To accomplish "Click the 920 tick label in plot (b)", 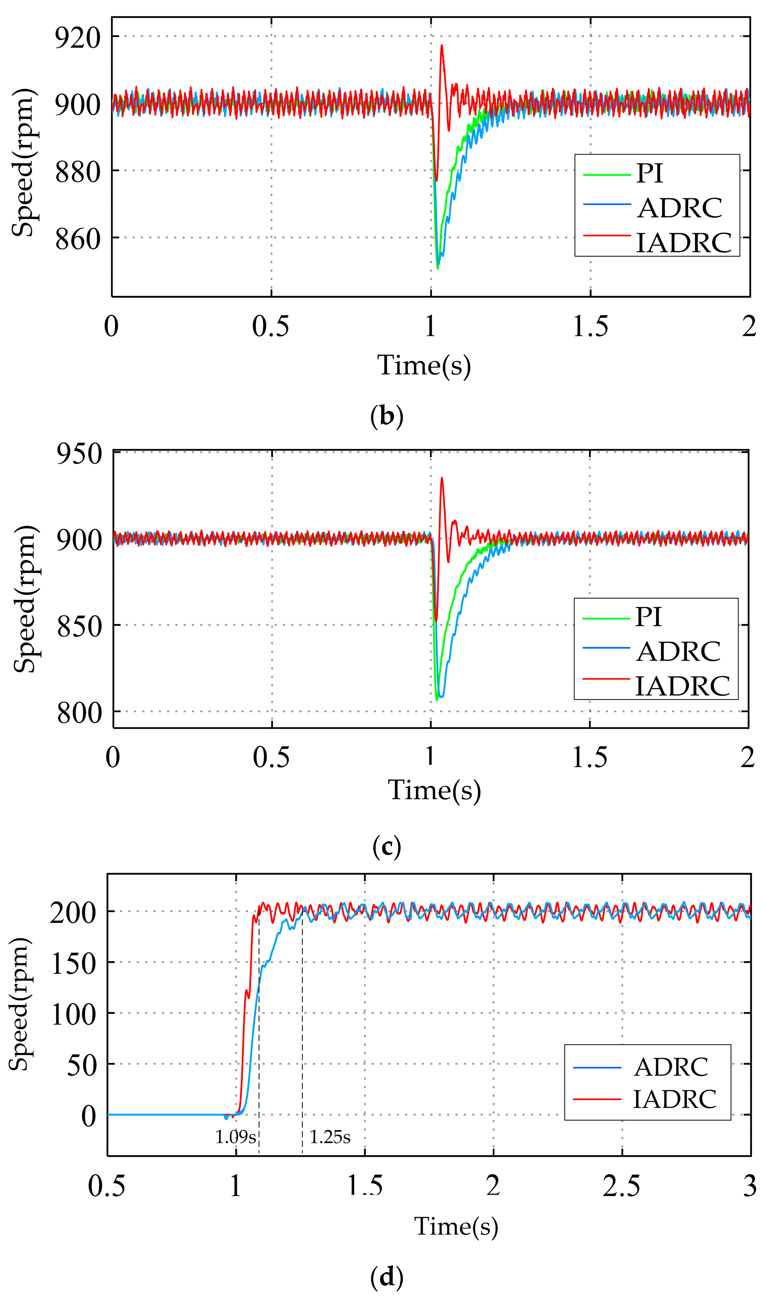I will [77, 38].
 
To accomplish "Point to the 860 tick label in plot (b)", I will [77, 239].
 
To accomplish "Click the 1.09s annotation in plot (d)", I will [236, 1137].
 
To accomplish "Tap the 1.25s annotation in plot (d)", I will [330, 1137].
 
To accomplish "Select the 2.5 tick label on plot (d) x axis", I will [621, 1186].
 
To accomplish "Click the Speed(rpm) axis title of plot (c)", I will [25, 600].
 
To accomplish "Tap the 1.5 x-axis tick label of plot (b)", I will [590, 327].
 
